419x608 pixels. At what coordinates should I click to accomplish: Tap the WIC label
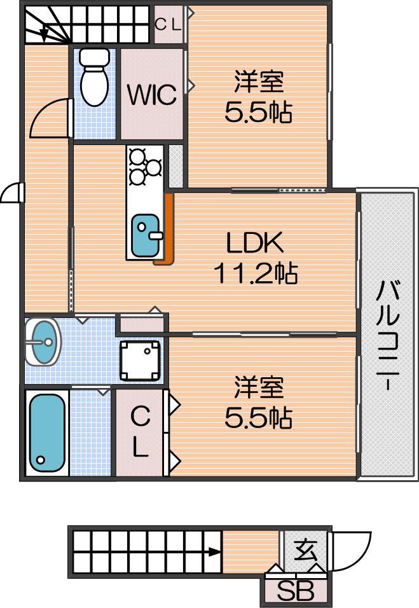coord(152,94)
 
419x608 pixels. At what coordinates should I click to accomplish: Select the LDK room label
coord(255,242)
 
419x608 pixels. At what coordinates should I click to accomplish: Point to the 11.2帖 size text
coord(256,273)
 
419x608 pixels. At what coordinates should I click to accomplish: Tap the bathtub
coord(47,432)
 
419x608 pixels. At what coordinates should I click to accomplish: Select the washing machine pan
coord(140,361)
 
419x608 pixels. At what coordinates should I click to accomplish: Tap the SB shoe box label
coord(296,591)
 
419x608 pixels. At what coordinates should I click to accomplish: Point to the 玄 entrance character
coord(305,551)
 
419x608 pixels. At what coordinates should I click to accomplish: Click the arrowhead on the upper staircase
coord(44,34)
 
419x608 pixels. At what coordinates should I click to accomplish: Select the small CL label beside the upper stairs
coord(168,25)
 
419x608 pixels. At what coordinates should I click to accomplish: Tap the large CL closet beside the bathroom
coord(141,432)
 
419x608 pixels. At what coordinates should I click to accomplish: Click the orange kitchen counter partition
coord(167,229)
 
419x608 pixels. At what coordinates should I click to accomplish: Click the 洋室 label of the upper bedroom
coord(259,81)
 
